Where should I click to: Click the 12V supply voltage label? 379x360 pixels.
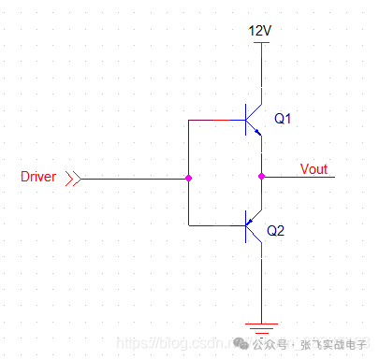(260, 31)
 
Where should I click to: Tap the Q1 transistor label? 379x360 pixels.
(284, 119)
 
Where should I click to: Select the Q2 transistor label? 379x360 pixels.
(276, 230)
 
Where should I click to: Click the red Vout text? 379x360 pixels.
(313, 169)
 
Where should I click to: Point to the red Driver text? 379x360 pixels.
(38, 177)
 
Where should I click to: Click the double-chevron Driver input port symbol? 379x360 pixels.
(73, 178)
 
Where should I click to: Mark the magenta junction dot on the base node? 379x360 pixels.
(189, 178)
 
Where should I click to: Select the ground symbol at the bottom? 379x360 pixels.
(261, 324)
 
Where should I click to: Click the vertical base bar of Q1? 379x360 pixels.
(246, 121)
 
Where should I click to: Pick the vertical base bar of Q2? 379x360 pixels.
(246, 224)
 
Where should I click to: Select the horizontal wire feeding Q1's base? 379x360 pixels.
(215, 121)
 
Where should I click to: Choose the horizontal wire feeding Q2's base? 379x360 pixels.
(215, 225)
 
